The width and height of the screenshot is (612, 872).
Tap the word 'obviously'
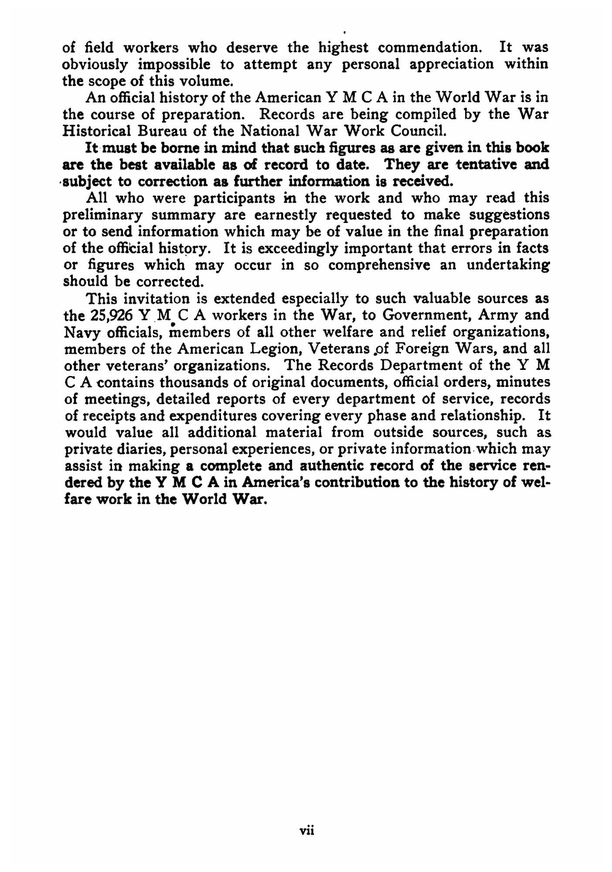coord(94,64)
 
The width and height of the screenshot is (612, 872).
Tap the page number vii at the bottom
coord(306,831)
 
